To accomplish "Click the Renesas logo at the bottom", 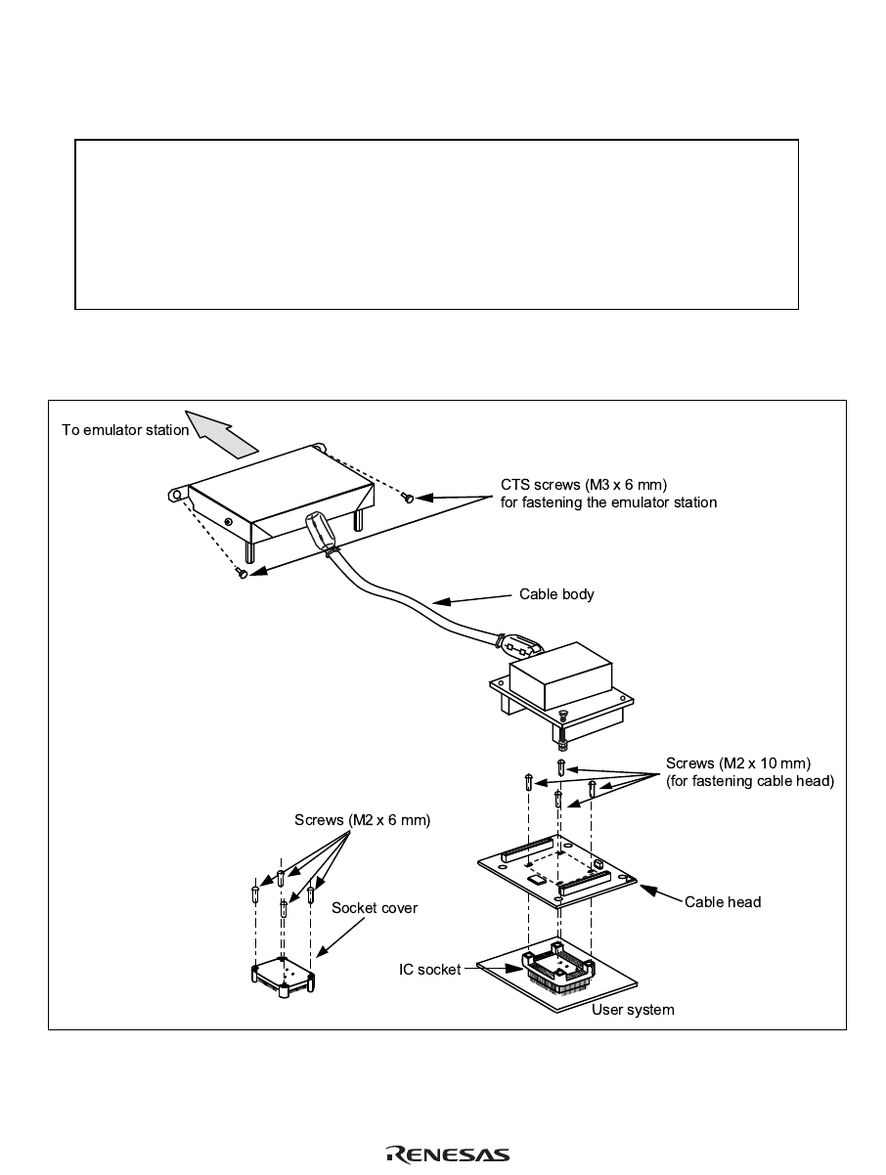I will (448, 1154).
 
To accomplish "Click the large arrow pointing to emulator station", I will (224, 434).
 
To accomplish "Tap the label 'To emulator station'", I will (125, 430).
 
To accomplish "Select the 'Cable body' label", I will (556, 594).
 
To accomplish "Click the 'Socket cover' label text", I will (375, 908).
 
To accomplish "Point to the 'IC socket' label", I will (429, 970).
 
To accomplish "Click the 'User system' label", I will (633, 1010).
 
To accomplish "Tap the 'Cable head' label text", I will (723, 901).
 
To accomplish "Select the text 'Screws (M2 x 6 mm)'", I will (363, 820).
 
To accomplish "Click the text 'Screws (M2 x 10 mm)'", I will (738, 762).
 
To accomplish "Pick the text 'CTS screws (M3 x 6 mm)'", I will (584, 486).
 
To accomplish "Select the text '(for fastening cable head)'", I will (750, 780).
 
